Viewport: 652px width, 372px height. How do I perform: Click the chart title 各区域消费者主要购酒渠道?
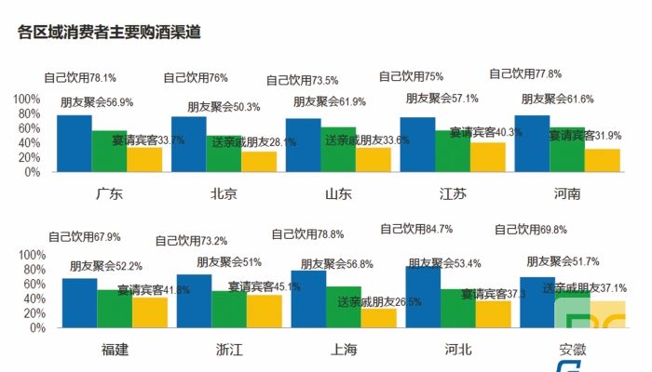110,32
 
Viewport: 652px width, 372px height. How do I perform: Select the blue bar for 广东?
75,143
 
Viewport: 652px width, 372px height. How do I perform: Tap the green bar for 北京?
224,153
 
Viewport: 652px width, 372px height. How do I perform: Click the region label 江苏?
455,194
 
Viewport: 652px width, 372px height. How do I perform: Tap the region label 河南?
566,194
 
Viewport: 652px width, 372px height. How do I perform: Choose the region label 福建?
115,350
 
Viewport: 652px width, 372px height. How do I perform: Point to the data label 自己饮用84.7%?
416,229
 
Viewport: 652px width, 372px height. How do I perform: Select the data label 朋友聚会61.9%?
329,101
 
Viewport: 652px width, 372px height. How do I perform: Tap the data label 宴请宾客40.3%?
485,133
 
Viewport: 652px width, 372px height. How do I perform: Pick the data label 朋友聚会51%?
228,262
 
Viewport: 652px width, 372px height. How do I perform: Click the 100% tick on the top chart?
26,100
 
